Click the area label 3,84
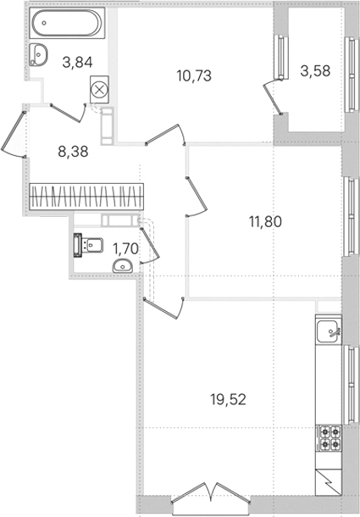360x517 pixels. tap(77, 62)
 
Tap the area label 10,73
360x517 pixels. tap(194, 75)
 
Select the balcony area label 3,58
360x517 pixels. tap(315, 71)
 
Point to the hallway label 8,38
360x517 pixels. tap(73, 152)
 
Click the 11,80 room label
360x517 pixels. tap(265, 221)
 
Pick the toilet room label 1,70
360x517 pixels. tap(125, 248)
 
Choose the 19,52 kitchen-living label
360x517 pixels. tap(229, 400)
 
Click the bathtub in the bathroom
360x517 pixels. tap(67, 23)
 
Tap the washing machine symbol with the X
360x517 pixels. tap(99, 90)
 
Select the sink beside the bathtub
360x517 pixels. tap(38, 55)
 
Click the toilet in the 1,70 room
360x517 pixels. tap(88, 245)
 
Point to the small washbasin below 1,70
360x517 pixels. tap(123, 266)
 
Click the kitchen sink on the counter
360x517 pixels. tap(329, 331)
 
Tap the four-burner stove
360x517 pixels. tap(330, 438)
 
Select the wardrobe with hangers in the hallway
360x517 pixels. tap(86, 197)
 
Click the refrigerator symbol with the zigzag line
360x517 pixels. tap(329, 482)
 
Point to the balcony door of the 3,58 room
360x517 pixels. tap(273, 97)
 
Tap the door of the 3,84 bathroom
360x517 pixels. tap(69, 113)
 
